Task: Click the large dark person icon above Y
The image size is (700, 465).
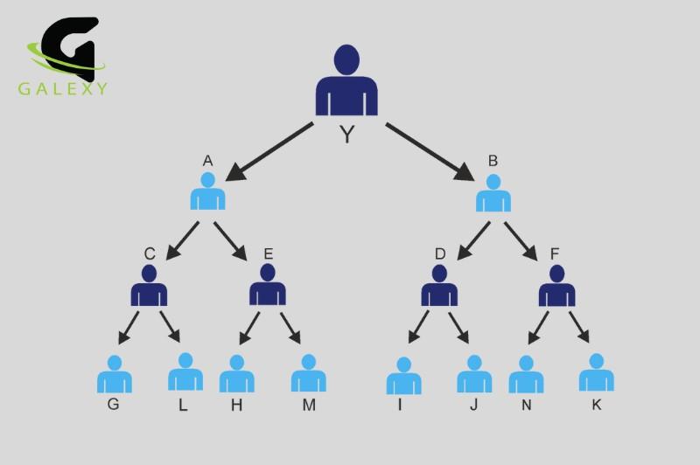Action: pyautogui.click(x=346, y=80)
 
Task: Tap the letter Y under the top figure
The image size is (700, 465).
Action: pyautogui.click(x=346, y=134)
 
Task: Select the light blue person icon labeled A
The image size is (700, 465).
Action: pyautogui.click(x=207, y=191)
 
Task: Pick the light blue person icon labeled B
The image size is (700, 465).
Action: pyautogui.click(x=493, y=192)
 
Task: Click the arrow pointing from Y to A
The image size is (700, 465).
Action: pyautogui.click(x=269, y=151)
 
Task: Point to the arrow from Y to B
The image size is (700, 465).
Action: pyautogui.click(x=430, y=151)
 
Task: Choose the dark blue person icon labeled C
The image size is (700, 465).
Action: pyautogui.click(x=149, y=285)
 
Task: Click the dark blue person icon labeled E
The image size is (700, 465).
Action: pyautogui.click(x=268, y=284)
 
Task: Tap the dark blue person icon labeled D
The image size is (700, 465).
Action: pyautogui.click(x=439, y=285)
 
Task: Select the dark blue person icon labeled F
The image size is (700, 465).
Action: pyautogui.click(x=556, y=285)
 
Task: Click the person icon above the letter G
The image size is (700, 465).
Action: pyautogui.click(x=115, y=374)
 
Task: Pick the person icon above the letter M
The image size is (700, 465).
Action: pyautogui.click(x=309, y=373)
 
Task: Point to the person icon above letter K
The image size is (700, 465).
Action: pyautogui.click(x=597, y=372)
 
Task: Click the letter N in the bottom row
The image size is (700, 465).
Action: pyautogui.click(x=527, y=405)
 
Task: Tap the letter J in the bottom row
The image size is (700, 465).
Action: pyautogui.click(x=474, y=405)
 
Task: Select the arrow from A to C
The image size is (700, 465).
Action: pyautogui.click(x=182, y=240)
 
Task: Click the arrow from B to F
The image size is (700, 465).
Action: pyautogui.click(x=521, y=241)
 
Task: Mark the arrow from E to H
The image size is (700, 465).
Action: pyautogui.click(x=249, y=328)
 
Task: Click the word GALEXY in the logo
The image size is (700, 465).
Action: pyautogui.click(x=63, y=89)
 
